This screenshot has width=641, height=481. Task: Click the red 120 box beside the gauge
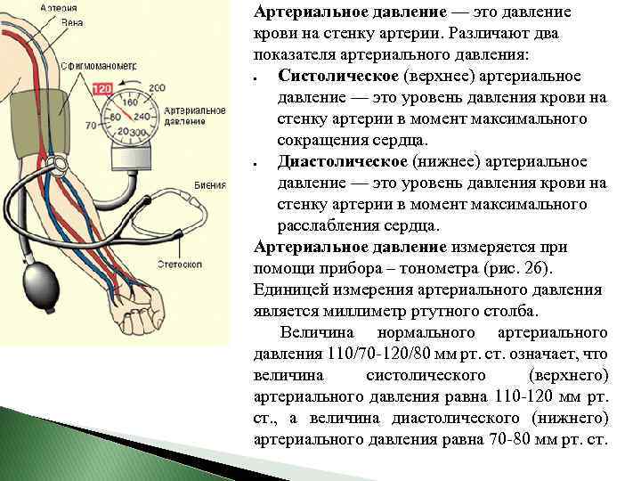102,90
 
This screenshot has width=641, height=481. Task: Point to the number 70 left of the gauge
90,126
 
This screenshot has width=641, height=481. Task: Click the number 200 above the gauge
158,87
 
